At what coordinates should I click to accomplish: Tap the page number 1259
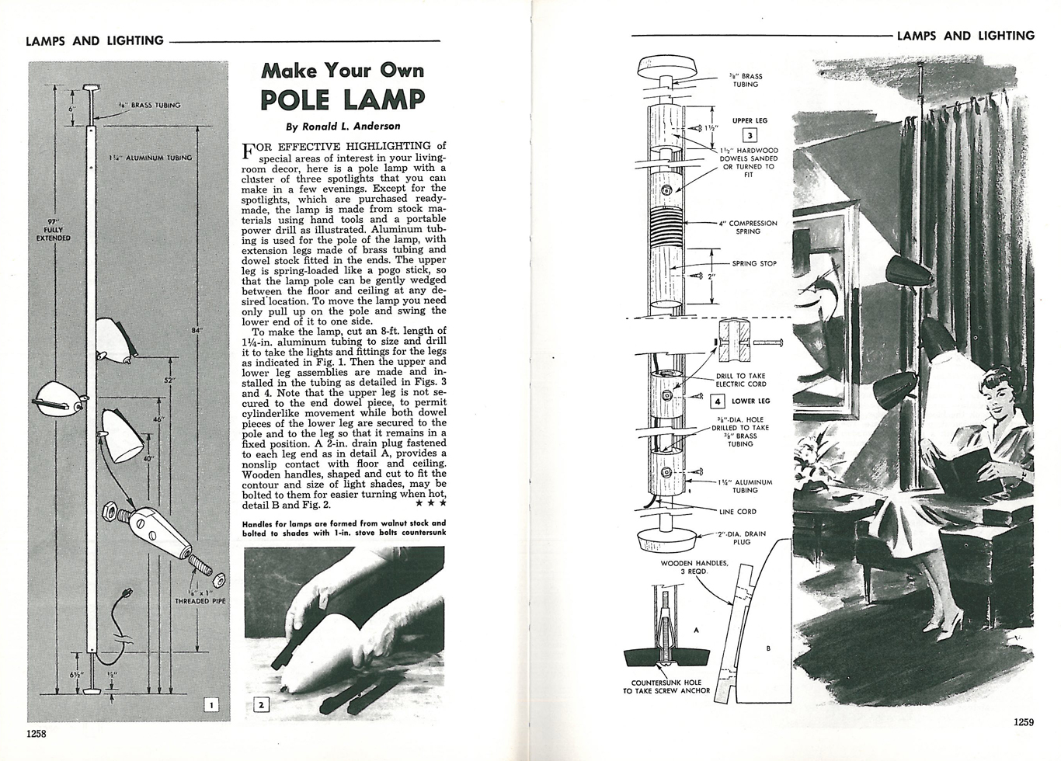(x=1024, y=721)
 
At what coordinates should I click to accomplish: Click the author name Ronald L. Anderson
(x=343, y=126)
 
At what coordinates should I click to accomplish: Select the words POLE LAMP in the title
(x=343, y=99)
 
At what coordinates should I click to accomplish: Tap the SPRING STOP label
(x=754, y=263)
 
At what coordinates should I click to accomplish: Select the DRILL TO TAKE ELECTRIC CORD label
(x=740, y=380)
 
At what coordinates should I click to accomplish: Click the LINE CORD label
(x=737, y=512)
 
